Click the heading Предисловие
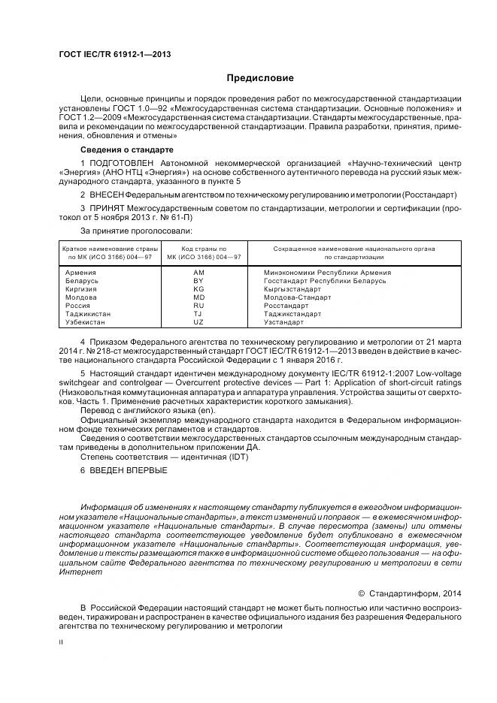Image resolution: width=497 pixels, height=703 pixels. click(259, 78)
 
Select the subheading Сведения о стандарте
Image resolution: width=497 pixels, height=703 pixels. click(121, 149)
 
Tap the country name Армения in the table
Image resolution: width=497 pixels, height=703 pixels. click(80, 273)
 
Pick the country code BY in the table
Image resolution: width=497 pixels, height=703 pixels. click(198, 281)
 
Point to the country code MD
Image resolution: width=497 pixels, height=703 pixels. click(198, 297)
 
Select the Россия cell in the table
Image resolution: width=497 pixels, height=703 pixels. click(78, 306)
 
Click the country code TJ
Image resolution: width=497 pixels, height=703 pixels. click(198, 314)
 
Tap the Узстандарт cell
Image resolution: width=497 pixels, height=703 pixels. click(284, 322)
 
